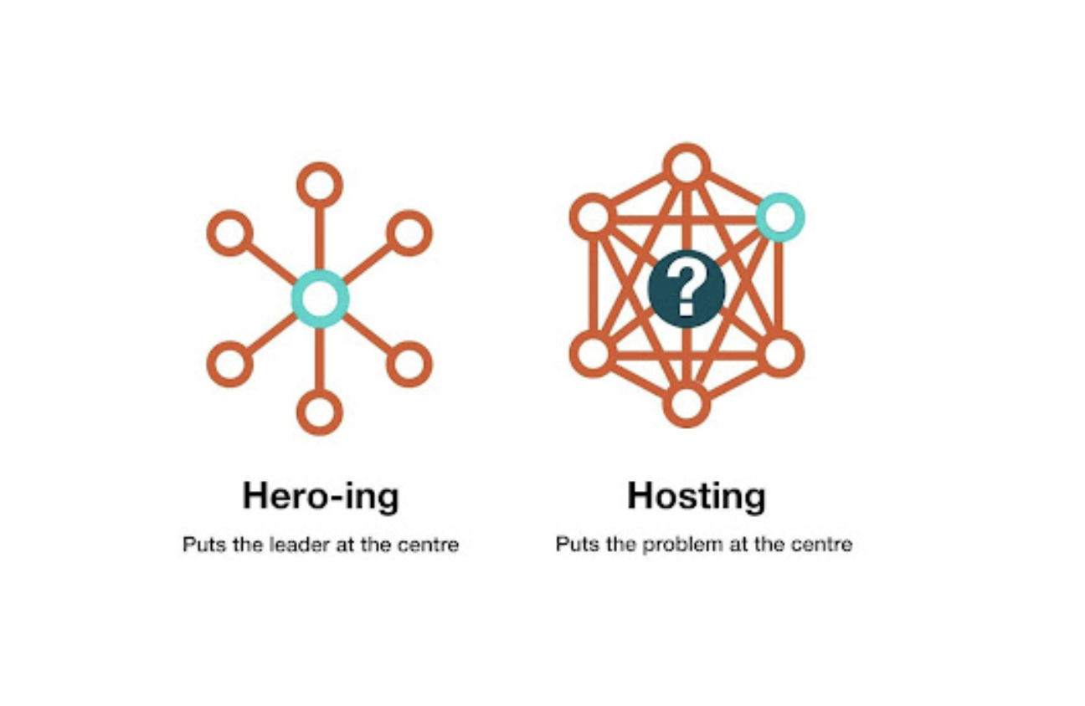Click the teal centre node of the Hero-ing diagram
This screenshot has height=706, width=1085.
coord(320,298)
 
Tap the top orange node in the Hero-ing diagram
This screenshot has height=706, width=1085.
coord(320,184)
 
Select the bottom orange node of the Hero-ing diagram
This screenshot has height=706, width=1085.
coord(320,412)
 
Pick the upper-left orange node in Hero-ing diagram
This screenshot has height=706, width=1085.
coord(230,233)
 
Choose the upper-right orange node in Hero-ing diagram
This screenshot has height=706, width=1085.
coord(409,233)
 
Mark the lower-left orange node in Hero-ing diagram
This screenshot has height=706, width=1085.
coord(230,364)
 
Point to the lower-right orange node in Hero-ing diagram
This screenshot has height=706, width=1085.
coord(409,364)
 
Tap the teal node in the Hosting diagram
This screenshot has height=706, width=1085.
coord(779,217)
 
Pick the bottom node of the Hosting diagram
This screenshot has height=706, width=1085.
coord(686,404)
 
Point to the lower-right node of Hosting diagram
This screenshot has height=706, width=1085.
coord(780,352)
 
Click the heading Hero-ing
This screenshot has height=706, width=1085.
coord(321,496)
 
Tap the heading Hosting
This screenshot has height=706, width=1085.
coord(696,496)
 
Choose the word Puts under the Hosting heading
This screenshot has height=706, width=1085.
coord(573,545)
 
